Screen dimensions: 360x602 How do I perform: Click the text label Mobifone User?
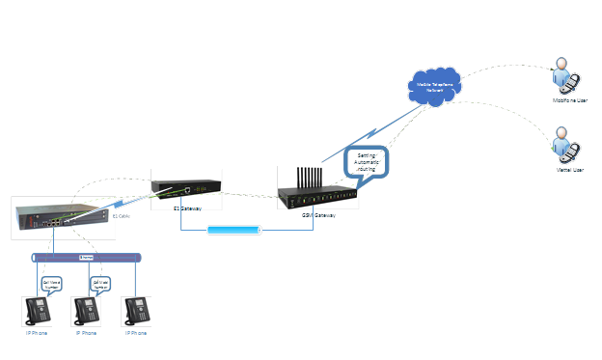coord(569,100)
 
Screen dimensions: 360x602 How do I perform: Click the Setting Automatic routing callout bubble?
coord(367,160)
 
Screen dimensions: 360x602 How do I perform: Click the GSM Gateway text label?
coord(318,215)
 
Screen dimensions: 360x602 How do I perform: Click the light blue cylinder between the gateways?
coord(234,231)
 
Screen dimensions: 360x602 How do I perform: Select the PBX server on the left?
coord(58,217)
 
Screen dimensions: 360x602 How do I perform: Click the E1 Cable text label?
coord(123,218)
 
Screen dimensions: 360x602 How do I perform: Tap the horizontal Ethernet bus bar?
coord(87,258)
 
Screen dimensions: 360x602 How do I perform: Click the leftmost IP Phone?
coord(38,312)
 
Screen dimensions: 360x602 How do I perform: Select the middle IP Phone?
coord(88,312)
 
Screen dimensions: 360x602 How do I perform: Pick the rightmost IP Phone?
coord(138,312)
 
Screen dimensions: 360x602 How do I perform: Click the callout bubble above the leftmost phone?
coord(51,285)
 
